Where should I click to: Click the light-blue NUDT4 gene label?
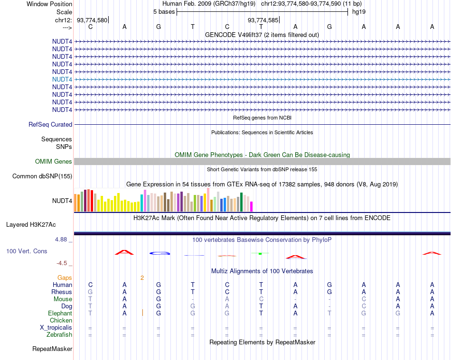tap(62, 79)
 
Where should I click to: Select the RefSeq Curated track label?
tap(50, 124)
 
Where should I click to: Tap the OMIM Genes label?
tap(54, 162)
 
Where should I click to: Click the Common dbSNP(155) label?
tap(42, 176)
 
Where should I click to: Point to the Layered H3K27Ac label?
tap(31, 224)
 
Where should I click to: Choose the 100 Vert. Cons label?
tap(27, 251)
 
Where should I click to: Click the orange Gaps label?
tap(65, 277)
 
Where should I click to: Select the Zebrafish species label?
tap(60, 335)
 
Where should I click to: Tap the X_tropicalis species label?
tap(56, 328)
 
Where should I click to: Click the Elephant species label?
tap(60, 313)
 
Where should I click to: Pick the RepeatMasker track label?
tap(52, 349)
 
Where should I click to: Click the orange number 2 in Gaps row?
tap(142, 277)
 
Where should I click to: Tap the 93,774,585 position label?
tap(263, 20)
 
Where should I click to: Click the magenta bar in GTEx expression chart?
tap(252, 206)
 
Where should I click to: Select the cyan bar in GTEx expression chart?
tap(142, 203)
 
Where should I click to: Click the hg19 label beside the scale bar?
tap(358, 11)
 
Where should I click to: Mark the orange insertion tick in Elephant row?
tap(142, 313)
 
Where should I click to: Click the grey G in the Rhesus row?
tap(90, 292)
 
